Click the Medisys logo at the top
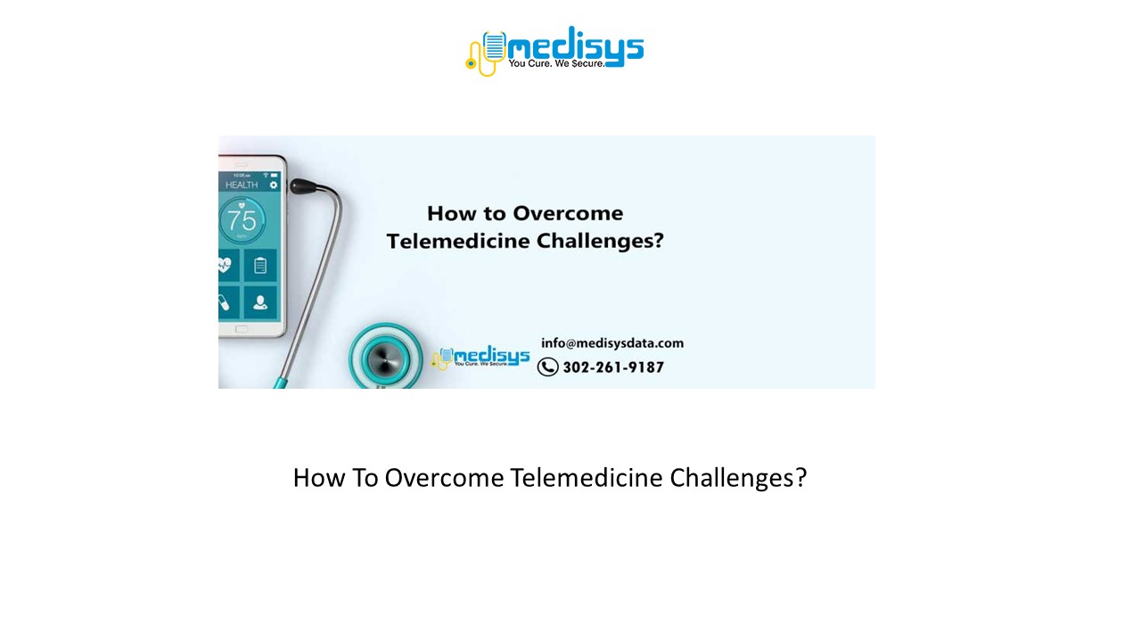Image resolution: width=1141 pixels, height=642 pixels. pyautogui.click(x=554, y=50)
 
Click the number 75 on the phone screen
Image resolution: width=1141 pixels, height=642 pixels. pyautogui.click(x=242, y=220)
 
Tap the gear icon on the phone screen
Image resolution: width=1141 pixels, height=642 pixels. pyautogui.click(x=274, y=185)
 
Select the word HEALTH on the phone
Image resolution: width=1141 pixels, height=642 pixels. pyautogui.click(x=241, y=185)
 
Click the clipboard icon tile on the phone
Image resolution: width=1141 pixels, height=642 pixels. pyautogui.click(x=260, y=266)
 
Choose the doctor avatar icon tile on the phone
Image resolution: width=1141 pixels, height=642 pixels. pyautogui.click(x=260, y=302)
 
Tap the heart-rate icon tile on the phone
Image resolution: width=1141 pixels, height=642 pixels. pyautogui.click(x=225, y=266)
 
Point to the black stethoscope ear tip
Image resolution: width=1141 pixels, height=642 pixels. pyautogui.click(x=302, y=186)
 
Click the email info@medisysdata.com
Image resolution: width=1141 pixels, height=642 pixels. pyautogui.click(x=612, y=343)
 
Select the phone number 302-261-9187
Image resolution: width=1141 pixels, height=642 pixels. pyautogui.click(x=613, y=367)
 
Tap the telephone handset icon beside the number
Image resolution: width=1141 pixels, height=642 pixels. pyautogui.click(x=547, y=366)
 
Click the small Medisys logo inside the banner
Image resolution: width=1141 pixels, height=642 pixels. pyautogui.click(x=481, y=358)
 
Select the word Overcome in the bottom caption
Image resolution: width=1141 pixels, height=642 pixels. pyautogui.click(x=445, y=478)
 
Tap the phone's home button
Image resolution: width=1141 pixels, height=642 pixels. pyautogui.click(x=242, y=329)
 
